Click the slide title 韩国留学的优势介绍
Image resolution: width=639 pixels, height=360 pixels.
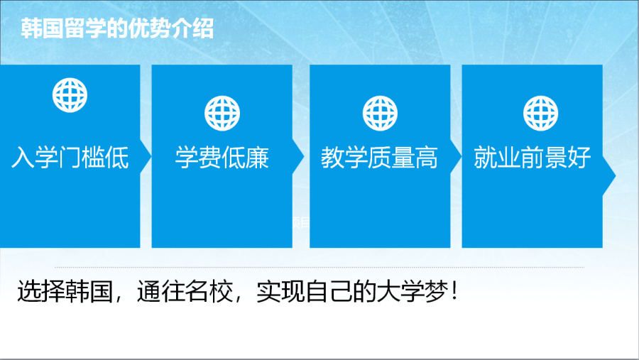coord(117,28)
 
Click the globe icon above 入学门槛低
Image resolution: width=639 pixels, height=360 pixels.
coord(70,95)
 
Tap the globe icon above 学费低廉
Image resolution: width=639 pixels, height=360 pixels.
coord(222,114)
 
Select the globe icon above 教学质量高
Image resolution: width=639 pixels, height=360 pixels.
coord(380,114)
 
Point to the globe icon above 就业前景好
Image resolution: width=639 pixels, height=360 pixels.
coord(540,114)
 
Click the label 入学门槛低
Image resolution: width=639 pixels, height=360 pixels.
coord(70,158)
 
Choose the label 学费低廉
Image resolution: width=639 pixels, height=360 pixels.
coord(222,158)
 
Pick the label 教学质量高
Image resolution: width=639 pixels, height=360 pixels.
coord(379,158)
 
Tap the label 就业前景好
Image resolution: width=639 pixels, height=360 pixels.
coord(532,158)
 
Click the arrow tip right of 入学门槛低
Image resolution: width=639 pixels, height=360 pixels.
coord(151,156)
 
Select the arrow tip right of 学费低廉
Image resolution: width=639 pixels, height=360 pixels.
coord(304,156)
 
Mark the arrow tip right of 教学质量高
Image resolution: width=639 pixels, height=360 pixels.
coord(461,156)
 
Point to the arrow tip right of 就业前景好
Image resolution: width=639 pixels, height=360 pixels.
coord(616,176)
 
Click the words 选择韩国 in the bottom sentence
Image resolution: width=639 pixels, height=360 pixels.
coord(65,292)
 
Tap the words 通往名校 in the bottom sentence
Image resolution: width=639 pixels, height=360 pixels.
coord(185,292)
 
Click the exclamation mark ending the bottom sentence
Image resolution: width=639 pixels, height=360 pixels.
coord(455,292)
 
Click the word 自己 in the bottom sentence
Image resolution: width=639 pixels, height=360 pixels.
coord(329,292)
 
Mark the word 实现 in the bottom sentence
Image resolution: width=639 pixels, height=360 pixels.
coord(280,292)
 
